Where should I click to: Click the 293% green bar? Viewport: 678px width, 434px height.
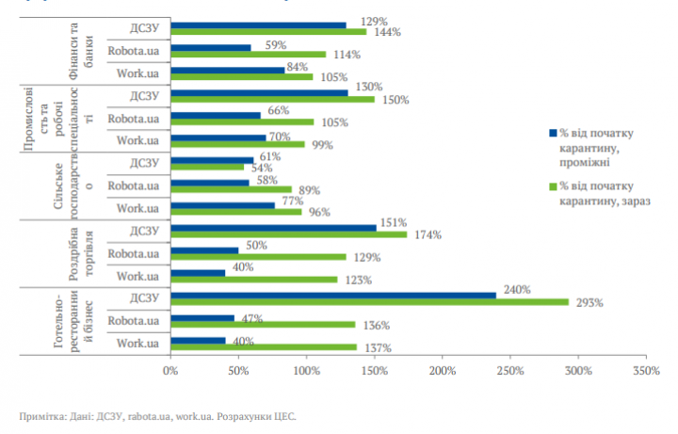pos(369,302)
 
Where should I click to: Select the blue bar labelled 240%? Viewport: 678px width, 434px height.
pos(333,295)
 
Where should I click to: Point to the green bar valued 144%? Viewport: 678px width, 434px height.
pos(268,31)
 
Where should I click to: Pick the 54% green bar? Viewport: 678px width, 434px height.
pos(207,167)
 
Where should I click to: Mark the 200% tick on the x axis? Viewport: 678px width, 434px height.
pos(443,372)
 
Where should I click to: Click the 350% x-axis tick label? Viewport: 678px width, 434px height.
pos(647,372)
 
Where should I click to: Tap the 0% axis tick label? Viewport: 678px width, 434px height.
pos(170,372)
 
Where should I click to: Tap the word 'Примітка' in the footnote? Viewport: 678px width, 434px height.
pos(42,415)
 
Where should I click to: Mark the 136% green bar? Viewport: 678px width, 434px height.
pos(263,325)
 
